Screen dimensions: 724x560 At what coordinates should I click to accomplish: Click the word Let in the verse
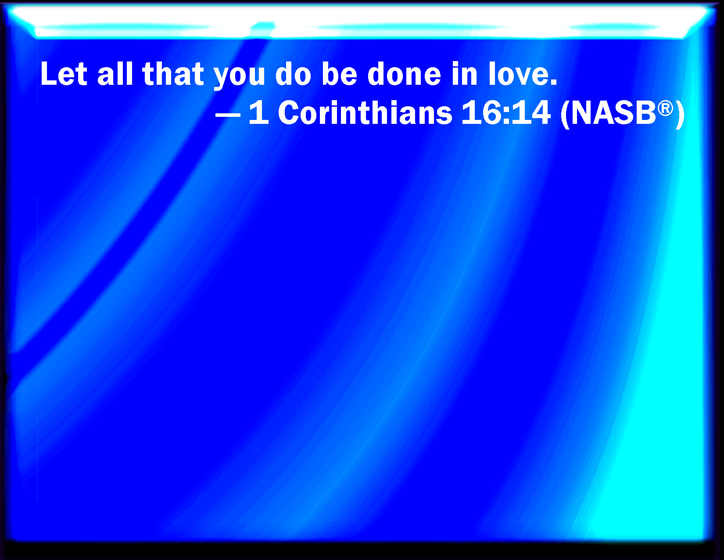(x=64, y=74)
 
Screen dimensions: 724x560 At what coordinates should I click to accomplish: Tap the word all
(x=115, y=74)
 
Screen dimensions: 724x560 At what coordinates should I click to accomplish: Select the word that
(x=173, y=74)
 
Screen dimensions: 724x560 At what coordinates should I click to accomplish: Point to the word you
(x=239, y=77)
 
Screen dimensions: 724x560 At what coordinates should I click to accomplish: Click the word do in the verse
(x=293, y=74)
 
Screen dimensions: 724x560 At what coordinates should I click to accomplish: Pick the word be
(x=340, y=74)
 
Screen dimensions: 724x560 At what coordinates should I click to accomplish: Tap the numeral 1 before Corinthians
(x=259, y=112)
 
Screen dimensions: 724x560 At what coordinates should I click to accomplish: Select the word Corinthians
(x=365, y=112)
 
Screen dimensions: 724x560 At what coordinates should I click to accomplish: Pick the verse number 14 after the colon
(x=531, y=112)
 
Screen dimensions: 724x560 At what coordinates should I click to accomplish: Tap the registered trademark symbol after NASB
(x=665, y=109)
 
